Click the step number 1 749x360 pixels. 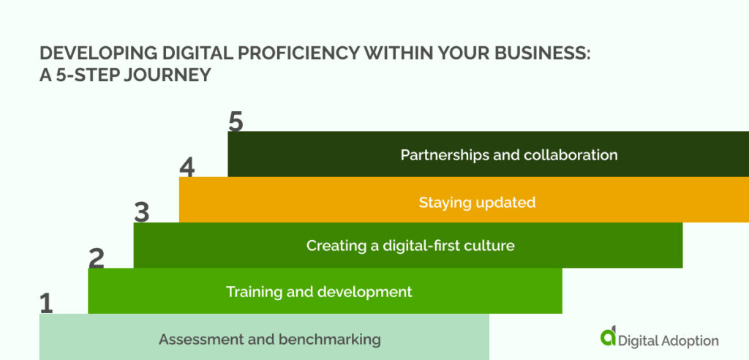point(46,303)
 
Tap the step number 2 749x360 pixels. point(96,258)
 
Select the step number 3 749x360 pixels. point(141,212)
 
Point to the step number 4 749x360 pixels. point(187,168)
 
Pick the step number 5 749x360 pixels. point(235,121)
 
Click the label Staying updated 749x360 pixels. point(477,203)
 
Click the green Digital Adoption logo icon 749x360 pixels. point(608,337)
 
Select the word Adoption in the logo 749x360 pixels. point(690,341)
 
